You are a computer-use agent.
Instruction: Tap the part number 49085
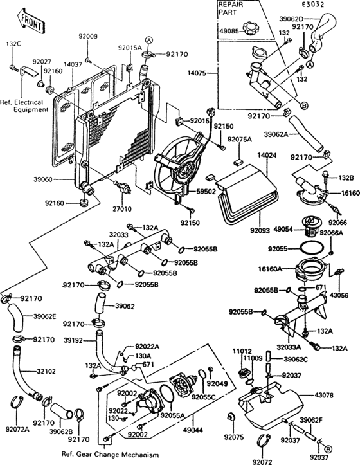point(230,30)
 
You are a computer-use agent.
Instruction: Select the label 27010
point(123,208)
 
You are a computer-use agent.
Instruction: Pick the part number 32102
point(46,371)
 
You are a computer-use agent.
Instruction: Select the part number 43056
point(339,295)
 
